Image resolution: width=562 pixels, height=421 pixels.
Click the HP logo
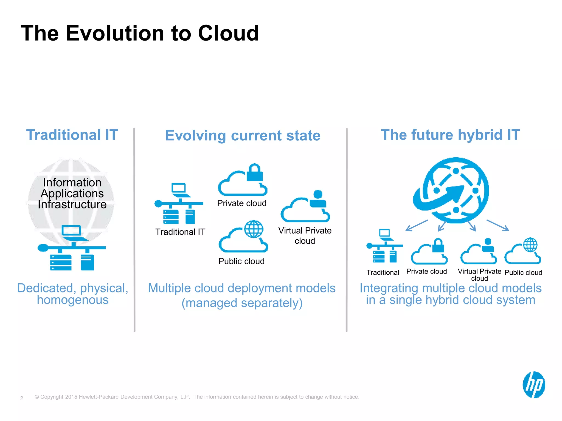(533, 385)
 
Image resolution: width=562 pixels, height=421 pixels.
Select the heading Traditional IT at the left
(72, 135)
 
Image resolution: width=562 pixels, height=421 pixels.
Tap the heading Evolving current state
(243, 135)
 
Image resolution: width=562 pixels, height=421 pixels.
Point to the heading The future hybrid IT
(450, 135)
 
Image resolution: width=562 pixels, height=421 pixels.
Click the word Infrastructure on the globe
(72, 204)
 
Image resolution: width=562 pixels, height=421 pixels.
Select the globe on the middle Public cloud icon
(254, 229)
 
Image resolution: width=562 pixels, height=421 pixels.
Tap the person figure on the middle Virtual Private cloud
(318, 199)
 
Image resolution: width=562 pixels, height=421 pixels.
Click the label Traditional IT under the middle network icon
(180, 232)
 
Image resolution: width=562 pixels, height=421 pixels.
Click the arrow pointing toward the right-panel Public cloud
(498, 225)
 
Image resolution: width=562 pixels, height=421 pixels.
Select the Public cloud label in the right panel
(523, 272)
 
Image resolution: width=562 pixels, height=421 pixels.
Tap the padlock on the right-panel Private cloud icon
(438, 246)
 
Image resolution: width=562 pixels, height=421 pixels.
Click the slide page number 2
(22, 398)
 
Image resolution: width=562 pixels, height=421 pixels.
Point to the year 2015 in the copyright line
(71, 397)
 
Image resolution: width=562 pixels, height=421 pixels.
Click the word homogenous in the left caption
(73, 300)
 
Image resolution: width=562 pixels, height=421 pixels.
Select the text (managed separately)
(242, 303)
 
